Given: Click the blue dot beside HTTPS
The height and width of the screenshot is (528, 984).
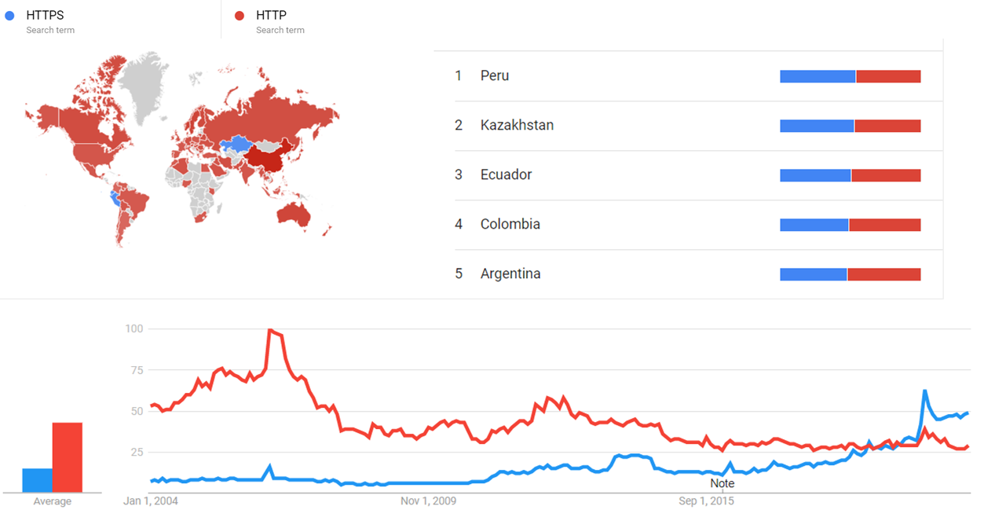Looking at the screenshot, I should tap(9, 15).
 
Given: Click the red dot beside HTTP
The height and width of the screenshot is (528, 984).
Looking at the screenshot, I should tap(240, 15).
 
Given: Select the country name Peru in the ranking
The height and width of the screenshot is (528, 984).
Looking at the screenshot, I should tap(495, 76).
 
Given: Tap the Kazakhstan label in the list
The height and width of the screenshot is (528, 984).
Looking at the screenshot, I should tap(517, 126).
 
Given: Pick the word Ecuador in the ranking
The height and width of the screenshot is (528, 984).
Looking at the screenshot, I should tap(506, 175).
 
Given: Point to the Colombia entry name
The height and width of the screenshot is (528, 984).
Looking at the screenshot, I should tap(510, 225).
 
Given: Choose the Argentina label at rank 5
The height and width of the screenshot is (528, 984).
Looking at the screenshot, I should tap(510, 274).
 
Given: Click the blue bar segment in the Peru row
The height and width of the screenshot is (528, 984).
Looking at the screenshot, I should tap(817, 76).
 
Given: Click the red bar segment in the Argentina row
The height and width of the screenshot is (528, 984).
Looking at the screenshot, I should tap(883, 274).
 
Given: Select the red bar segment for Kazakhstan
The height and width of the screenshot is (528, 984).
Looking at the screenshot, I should tap(887, 126).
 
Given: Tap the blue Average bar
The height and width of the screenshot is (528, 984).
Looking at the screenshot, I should tap(37, 480).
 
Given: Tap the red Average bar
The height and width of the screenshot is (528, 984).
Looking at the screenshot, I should tap(67, 457).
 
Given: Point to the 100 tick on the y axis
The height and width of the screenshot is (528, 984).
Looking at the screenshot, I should tap(134, 328).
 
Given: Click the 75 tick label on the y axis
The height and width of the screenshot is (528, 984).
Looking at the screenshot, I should tap(137, 370).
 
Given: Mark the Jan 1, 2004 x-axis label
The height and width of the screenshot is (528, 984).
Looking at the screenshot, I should tap(152, 501).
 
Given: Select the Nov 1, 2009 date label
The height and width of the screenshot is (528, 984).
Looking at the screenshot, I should tap(429, 501).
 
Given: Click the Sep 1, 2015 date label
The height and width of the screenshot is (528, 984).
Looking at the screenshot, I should tap(707, 501).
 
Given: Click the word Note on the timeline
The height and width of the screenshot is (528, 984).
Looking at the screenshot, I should tap(722, 483).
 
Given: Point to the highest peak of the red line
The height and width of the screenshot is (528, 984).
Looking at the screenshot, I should tap(270, 330).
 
